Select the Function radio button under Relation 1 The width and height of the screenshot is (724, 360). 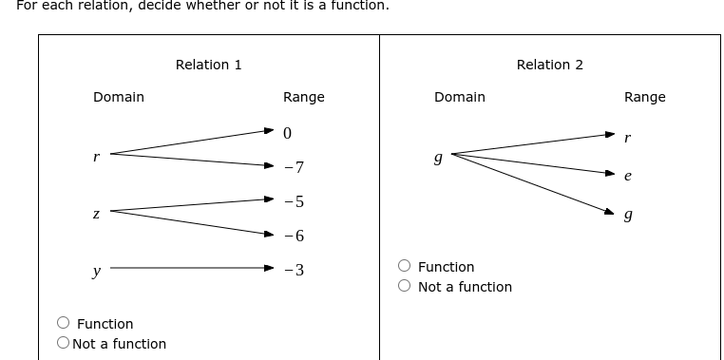click(64, 324)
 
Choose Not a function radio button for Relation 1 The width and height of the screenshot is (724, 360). click(64, 344)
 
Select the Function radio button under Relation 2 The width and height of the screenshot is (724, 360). click(405, 267)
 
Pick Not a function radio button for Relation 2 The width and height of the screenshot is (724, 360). click(405, 287)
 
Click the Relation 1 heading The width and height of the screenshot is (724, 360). click(208, 65)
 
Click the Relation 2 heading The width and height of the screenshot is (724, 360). click(549, 65)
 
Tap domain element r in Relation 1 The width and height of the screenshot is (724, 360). click(96, 156)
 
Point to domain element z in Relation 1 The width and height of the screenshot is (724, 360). click(96, 214)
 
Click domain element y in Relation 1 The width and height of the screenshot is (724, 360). click(96, 271)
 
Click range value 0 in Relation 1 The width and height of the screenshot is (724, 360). click(287, 133)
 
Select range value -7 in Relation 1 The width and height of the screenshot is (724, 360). click(294, 168)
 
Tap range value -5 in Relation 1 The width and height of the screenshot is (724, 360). click(294, 201)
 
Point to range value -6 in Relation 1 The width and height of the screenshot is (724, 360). click(294, 236)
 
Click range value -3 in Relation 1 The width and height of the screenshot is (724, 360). click(294, 270)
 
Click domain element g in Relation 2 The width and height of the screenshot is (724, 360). click(437, 158)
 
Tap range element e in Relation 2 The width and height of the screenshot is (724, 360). click(627, 176)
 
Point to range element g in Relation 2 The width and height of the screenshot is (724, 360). click(627, 216)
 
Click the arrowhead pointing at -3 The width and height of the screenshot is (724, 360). click(270, 269)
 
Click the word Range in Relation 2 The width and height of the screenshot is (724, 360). click(644, 97)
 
